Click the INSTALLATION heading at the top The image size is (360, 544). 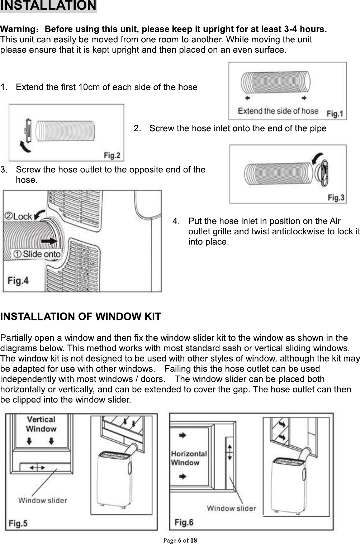coord(48,6)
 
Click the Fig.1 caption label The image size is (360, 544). coord(335,114)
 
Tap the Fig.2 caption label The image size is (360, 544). coord(112,156)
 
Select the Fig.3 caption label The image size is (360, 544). coord(336,197)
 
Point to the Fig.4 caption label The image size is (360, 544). coord(18,281)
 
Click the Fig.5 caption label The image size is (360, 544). coord(18,523)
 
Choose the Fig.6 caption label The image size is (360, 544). coord(184,522)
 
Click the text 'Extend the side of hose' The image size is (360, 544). coord(278,111)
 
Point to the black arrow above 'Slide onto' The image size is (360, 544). coord(49,241)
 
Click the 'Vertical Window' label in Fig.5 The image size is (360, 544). coord(41,424)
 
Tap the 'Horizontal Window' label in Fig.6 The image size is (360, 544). coord(189,458)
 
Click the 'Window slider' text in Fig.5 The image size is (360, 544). coord(43,500)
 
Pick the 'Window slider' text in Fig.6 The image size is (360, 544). coord(231,508)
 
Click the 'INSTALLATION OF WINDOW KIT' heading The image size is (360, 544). coord(81,317)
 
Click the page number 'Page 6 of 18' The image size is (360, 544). coord(180,540)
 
